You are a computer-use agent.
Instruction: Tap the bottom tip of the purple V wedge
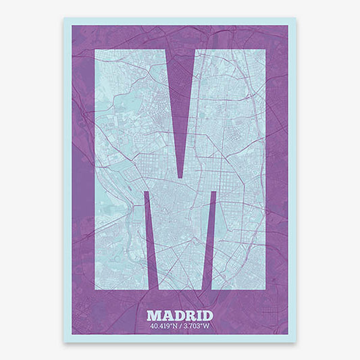click(x=180, y=178)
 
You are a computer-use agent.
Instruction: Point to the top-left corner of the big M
click(x=95, y=50)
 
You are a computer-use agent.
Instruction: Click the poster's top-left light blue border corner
click(x=66, y=20)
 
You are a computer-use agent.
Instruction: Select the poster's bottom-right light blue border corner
click(x=294, y=340)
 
